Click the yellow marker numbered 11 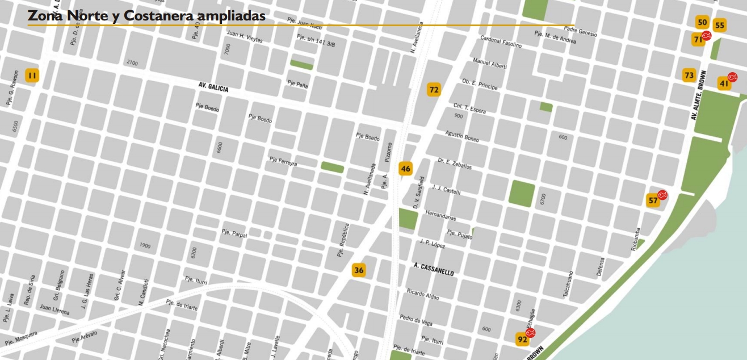[x=32, y=76]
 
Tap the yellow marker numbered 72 [x=434, y=90]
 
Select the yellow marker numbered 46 [x=405, y=169]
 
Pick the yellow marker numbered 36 [x=359, y=270]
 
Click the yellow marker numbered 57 [x=653, y=200]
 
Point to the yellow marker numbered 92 [x=522, y=340]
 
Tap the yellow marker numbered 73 [x=689, y=75]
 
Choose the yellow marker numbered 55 [x=720, y=25]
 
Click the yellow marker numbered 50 [x=703, y=22]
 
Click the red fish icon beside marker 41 [x=732, y=77]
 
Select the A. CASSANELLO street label [x=434, y=269]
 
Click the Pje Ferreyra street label [x=283, y=162]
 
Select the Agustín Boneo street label [x=462, y=136]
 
